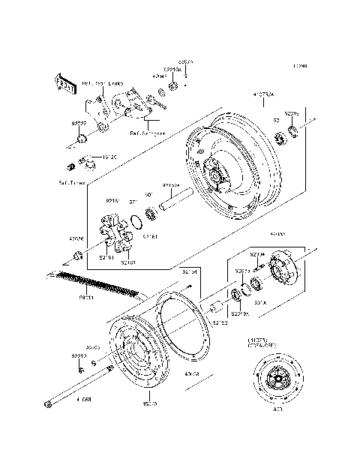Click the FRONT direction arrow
64,85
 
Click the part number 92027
77,122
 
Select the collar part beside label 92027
83,138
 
